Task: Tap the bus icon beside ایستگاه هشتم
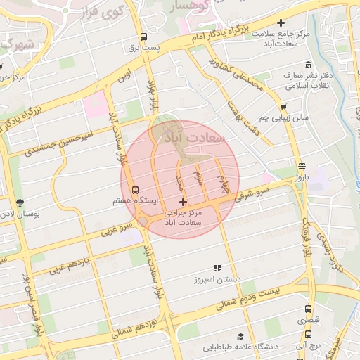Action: [x=136, y=190]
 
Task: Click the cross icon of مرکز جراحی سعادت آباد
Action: [x=184, y=202]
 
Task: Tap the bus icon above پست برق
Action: [x=143, y=37]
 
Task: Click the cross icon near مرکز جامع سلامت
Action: [x=281, y=24]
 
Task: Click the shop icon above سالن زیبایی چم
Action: [x=283, y=108]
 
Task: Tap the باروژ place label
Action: [x=301, y=179]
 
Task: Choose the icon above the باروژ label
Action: [x=302, y=167]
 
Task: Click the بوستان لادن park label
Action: [x=17, y=212]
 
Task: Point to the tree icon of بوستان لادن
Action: [x=19, y=202]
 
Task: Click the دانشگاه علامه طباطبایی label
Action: [x=240, y=347]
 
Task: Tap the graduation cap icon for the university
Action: [x=240, y=337]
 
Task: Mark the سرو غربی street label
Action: [x=117, y=229]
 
